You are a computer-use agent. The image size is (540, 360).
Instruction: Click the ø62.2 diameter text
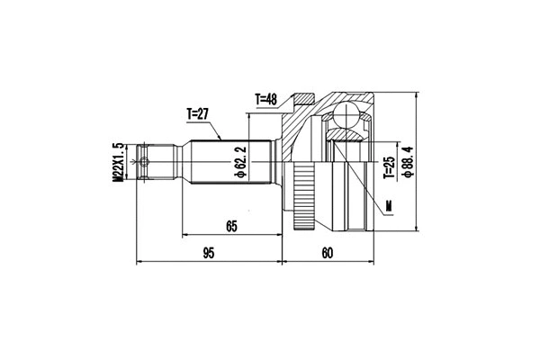pyautogui.click(x=240, y=163)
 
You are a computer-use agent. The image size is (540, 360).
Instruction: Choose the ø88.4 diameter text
pyautogui.click(x=408, y=163)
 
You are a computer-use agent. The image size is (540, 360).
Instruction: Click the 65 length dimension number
pyautogui.click(x=231, y=227)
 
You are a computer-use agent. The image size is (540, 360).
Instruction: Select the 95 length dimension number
pyautogui.click(x=208, y=254)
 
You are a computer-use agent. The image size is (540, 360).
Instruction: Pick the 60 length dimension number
pyautogui.click(x=327, y=254)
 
